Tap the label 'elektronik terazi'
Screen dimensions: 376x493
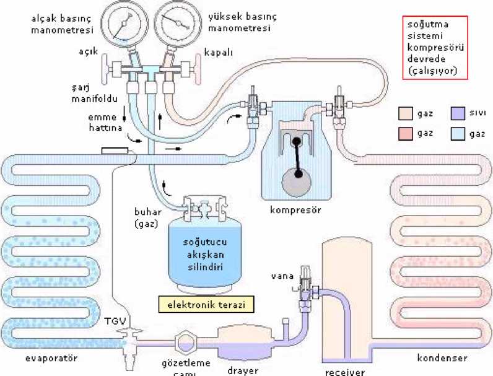click(x=207, y=304)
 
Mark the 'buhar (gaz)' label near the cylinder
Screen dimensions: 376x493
click(x=147, y=216)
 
